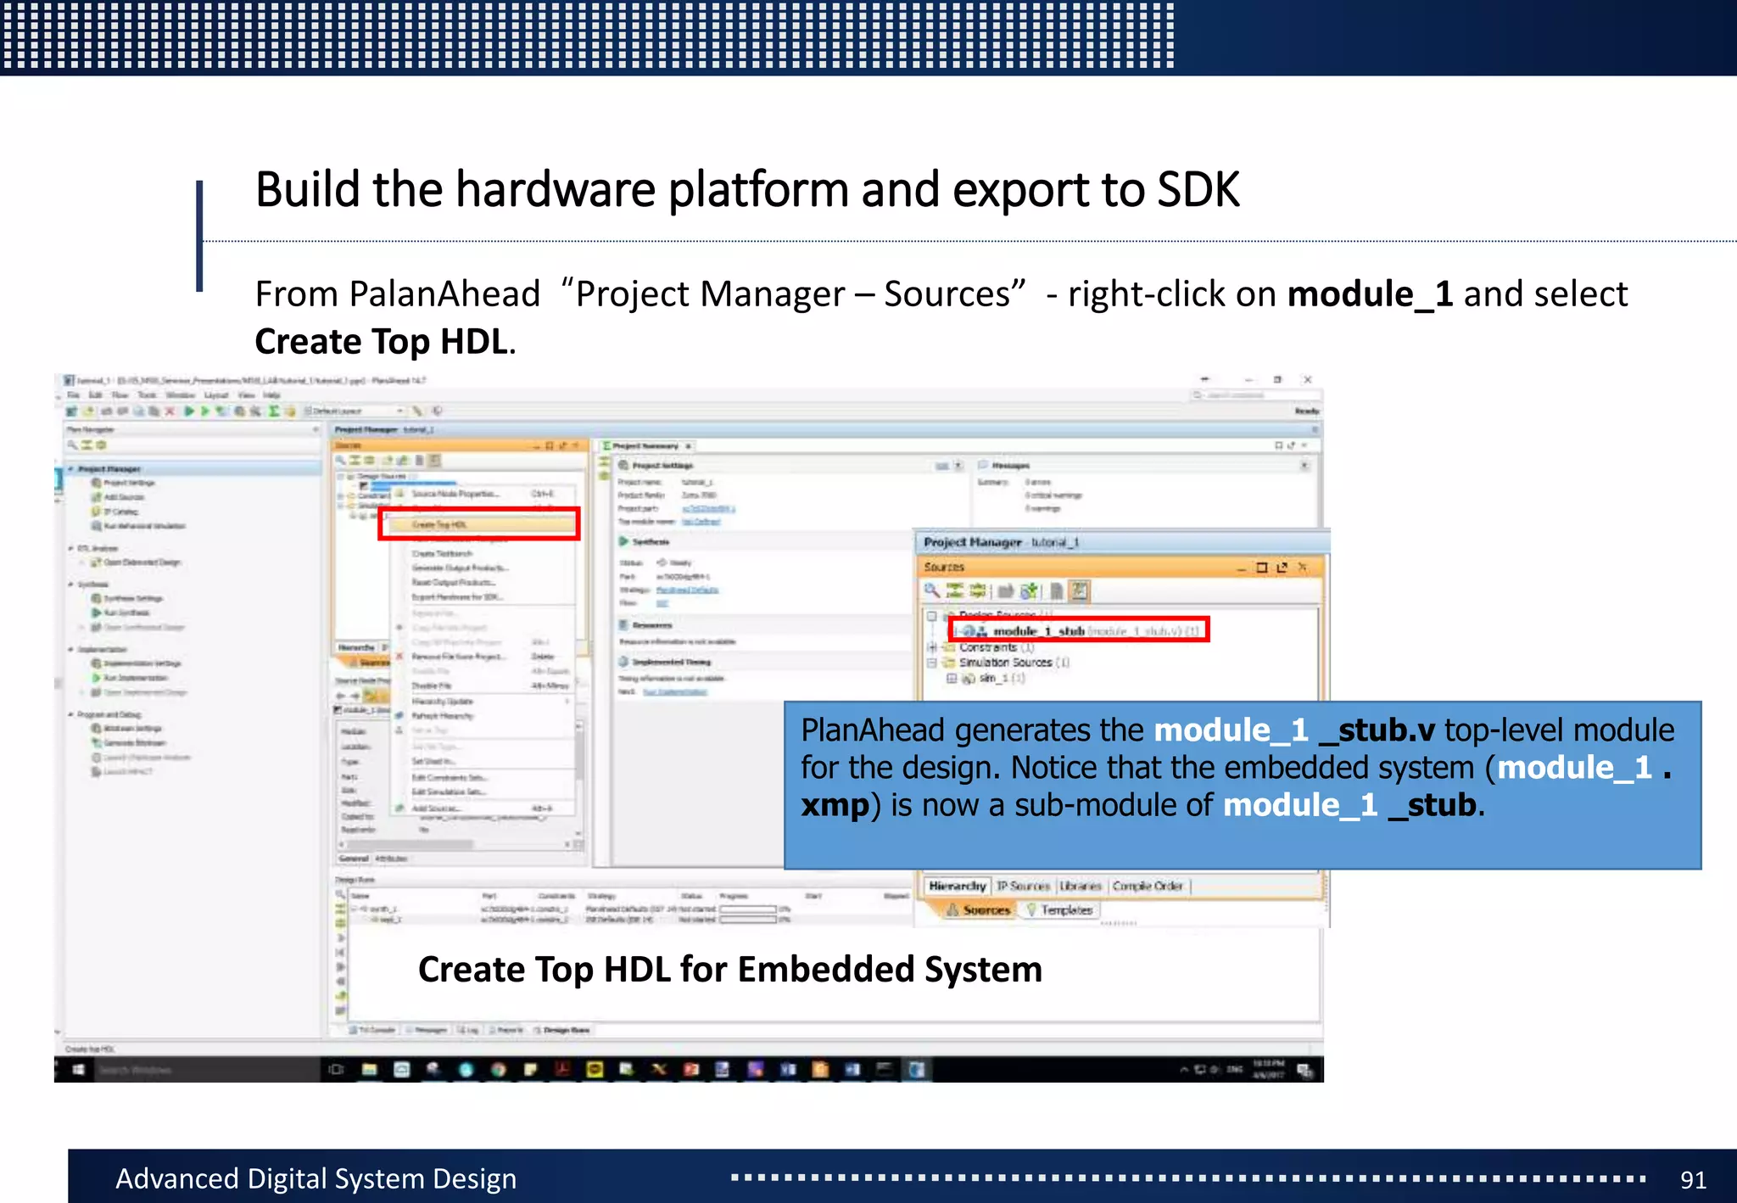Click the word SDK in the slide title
point(1198,189)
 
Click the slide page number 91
point(1692,1180)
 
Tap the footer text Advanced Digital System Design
point(316,1179)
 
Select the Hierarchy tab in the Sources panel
point(957,886)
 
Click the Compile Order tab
point(1147,886)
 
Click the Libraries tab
point(1080,886)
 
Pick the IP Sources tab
point(1023,886)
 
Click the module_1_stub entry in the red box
point(1039,631)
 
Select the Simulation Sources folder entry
point(1005,663)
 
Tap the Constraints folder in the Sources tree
point(987,647)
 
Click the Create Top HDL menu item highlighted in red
point(439,524)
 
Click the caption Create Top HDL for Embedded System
point(729,970)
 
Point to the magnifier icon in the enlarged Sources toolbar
point(931,590)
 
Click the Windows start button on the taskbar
point(78,1070)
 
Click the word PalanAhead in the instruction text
point(444,294)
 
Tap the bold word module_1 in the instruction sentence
point(1370,294)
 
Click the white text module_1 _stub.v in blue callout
point(1293,730)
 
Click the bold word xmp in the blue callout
point(835,805)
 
